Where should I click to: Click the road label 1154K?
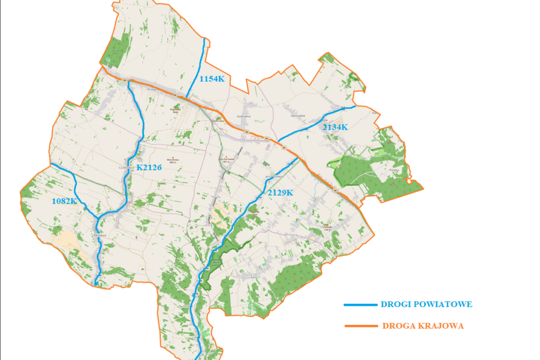pyautogui.click(x=212, y=79)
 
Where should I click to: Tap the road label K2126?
pyautogui.click(x=149, y=167)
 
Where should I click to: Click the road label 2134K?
pyautogui.click(x=335, y=127)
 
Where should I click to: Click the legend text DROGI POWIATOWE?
pyautogui.click(x=427, y=305)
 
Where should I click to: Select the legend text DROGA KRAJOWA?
pyautogui.click(x=423, y=325)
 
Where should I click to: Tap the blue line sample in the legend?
pyautogui.click(x=361, y=305)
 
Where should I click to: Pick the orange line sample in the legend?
pyautogui.click(x=361, y=326)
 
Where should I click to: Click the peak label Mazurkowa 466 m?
pyautogui.click(x=173, y=160)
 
